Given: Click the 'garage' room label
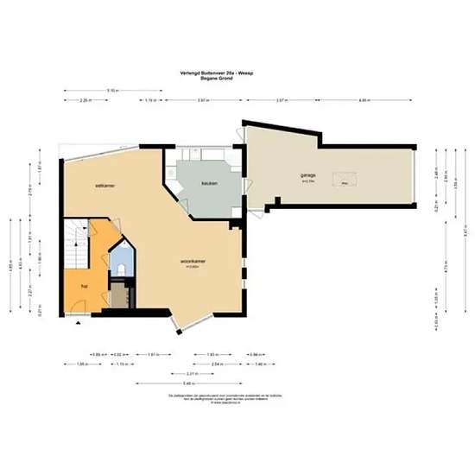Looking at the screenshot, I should [308, 175].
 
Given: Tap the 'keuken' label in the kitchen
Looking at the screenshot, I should [208, 184].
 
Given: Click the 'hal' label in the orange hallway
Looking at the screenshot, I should [84, 284].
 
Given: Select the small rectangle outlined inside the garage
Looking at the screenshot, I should [345, 184].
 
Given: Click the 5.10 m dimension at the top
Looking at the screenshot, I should [113, 90].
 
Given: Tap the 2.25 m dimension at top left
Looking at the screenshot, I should [85, 101].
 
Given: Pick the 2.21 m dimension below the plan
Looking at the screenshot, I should [201, 373].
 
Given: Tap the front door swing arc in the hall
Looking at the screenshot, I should [78, 304].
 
